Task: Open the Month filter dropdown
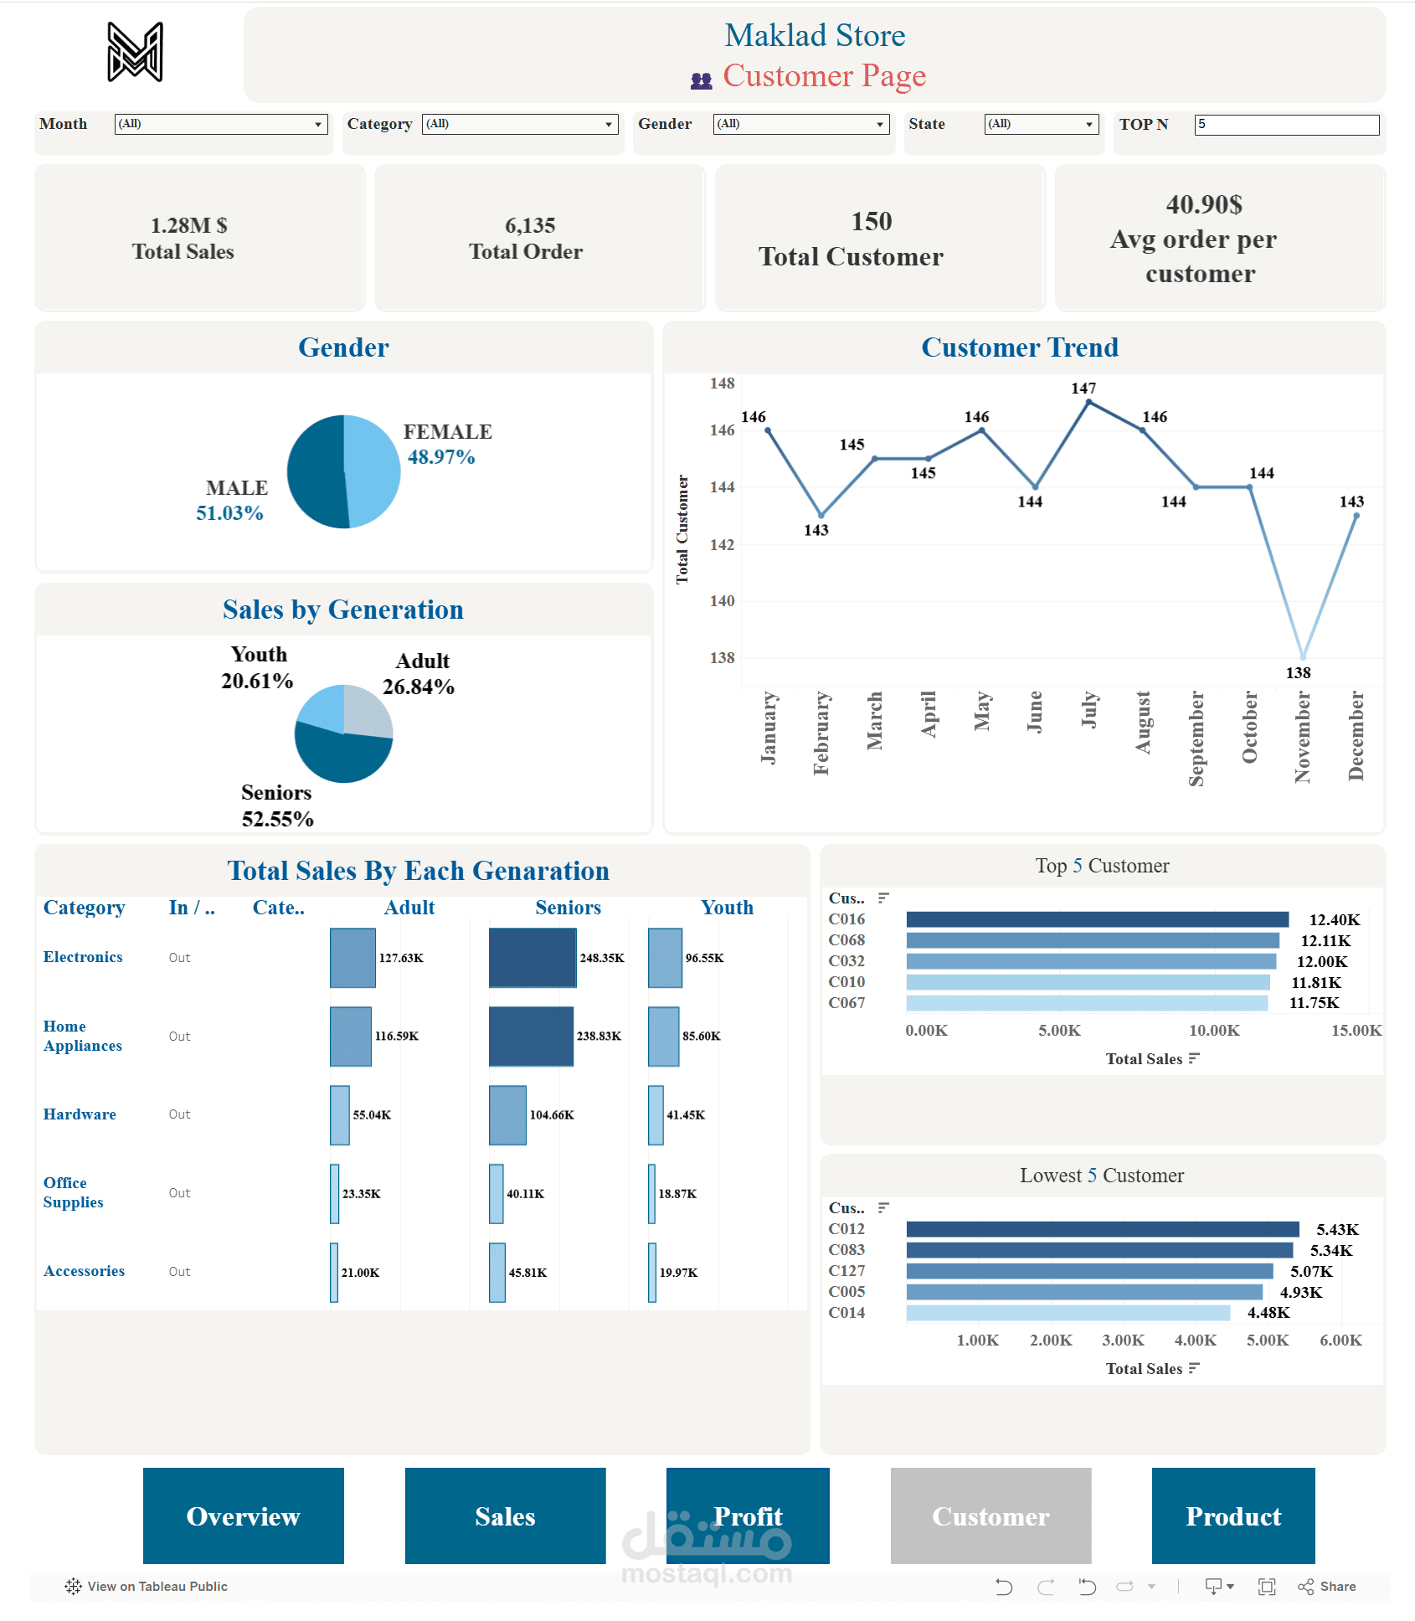pyautogui.click(x=220, y=124)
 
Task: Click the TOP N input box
pyautogui.click(x=1285, y=125)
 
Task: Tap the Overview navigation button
pyautogui.click(x=243, y=1516)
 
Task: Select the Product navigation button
pyautogui.click(x=1232, y=1516)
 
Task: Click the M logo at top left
pyautogui.click(x=135, y=53)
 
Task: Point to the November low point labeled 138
pyautogui.click(x=1303, y=656)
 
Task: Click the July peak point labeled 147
pyautogui.click(x=1088, y=403)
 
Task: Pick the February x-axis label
pyautogui.click(x=821, y=733)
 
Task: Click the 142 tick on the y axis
pyautogui.click(x=722, y=545)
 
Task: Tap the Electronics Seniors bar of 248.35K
pyautogui.click(x=532, y=958)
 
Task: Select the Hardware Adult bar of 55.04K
pyautogui.click(x=339, y=1114)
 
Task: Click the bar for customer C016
pyautogui.click(x=1097, y=919)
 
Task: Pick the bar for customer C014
pyautogui.click(x=1068, y=1313)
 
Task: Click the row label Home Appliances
pyautogui.click(x=82, y=1036)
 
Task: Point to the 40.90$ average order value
pyautogui.click(x=1203, y=204)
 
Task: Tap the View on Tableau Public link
pyautogui.click(x=147, y=1587)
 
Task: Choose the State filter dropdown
pyautogui.click(x=1041, y=124)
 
